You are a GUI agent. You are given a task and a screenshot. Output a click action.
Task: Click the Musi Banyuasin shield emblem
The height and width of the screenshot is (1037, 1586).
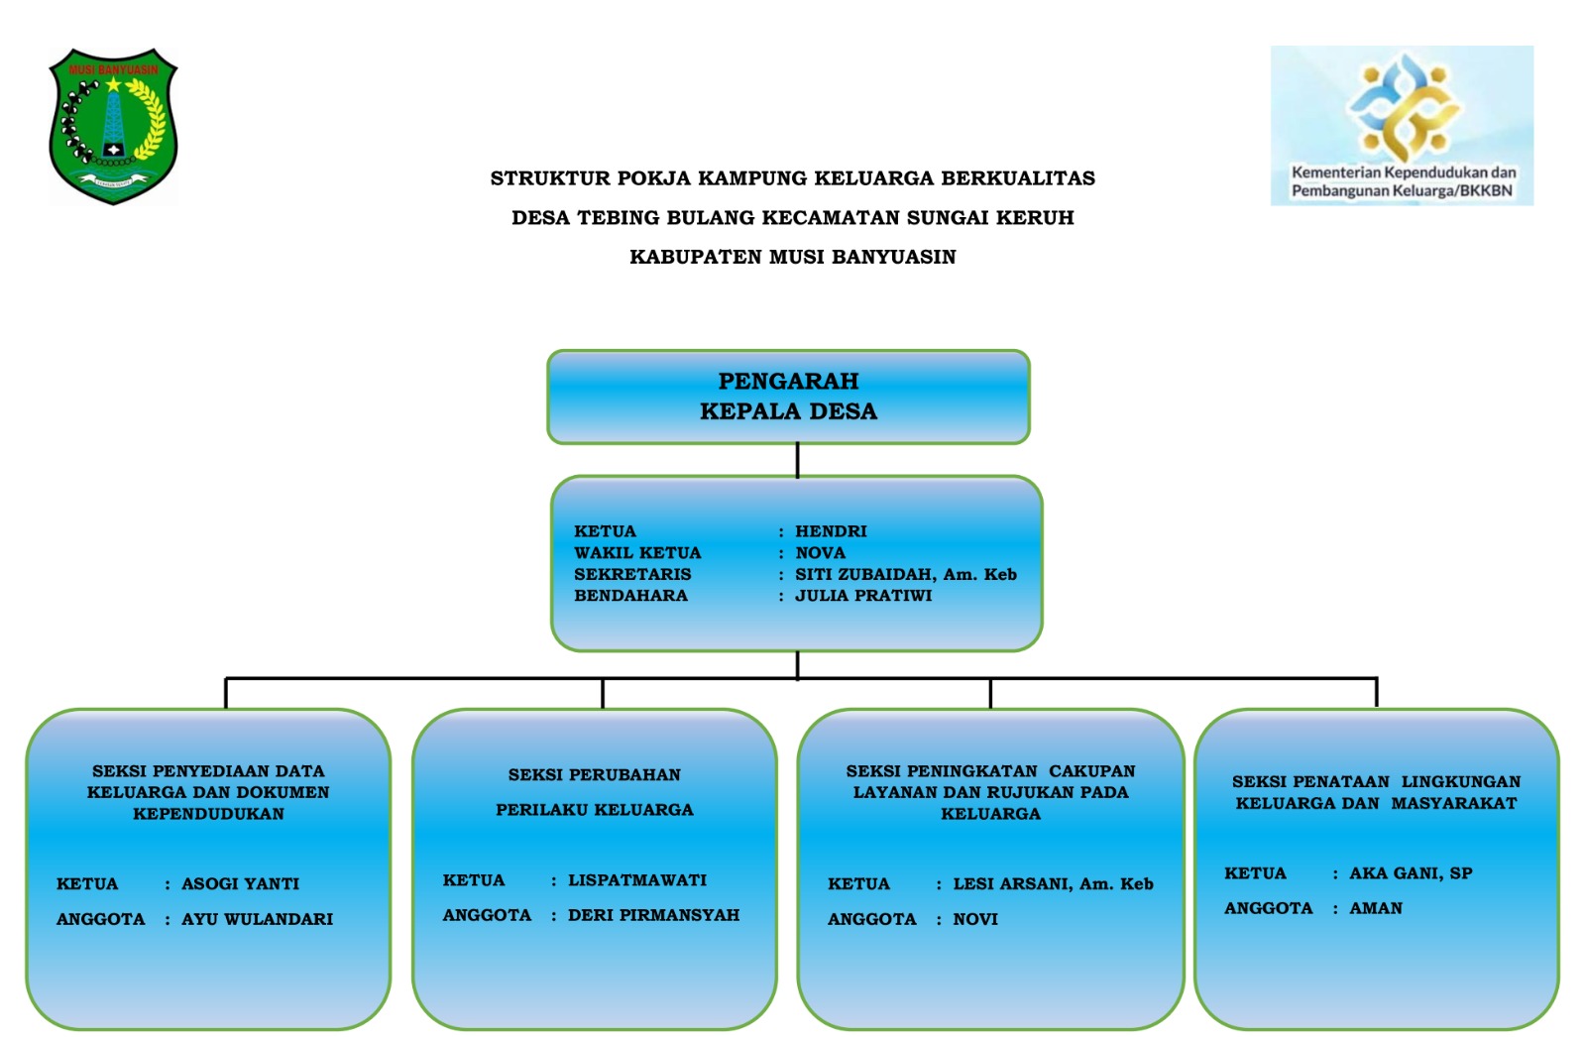point(113,126)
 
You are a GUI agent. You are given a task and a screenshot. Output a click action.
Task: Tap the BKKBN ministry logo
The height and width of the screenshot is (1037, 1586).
point(1402,126)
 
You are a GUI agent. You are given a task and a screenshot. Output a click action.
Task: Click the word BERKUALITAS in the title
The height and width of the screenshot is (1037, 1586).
point(1018,177)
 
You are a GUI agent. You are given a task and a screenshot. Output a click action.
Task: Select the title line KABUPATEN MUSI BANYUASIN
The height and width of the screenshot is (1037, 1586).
point(793,257)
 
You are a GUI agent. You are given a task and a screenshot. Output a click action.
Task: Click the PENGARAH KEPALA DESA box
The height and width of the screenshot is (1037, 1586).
point(788,397)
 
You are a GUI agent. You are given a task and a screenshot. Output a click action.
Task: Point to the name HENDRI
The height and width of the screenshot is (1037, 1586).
point(831,531)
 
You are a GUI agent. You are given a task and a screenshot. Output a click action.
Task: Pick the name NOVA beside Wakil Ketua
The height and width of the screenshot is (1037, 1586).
point(820,552)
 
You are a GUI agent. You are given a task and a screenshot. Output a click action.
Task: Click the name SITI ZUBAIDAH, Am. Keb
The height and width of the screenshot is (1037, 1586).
point(906,574)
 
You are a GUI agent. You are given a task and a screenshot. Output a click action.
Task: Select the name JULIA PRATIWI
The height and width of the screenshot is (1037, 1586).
point(863,596)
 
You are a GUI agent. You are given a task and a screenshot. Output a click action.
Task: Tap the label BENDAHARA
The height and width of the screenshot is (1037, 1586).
point(630,596)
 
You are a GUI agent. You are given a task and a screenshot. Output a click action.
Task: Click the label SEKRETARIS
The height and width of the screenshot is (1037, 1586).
point(632,574)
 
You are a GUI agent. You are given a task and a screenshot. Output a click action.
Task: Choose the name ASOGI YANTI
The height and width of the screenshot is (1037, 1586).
point(240,884)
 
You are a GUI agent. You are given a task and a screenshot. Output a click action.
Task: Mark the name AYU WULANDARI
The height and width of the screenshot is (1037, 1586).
point(257,919)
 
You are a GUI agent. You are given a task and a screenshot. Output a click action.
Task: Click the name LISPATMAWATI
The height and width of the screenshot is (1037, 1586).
point(637,880)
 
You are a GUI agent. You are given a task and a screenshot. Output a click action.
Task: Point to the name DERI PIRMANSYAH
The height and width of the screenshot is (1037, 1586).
point(653,915)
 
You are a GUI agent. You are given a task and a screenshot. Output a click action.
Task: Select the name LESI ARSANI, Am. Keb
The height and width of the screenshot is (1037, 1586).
point(1053,884)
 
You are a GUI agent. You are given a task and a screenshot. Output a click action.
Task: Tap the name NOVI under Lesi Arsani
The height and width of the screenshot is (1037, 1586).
point(975,919)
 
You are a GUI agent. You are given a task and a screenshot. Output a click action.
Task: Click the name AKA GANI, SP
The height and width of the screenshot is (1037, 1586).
point(1411,873)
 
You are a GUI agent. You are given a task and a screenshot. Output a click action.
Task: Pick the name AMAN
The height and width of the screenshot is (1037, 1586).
point(1376,908)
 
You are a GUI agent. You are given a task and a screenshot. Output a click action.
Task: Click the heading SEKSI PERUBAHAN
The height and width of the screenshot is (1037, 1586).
point(594,775)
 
